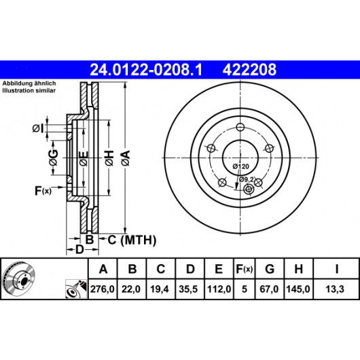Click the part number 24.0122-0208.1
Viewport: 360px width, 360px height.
146,69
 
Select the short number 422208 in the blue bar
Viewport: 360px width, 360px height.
249,69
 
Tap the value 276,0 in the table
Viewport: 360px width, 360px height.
103,289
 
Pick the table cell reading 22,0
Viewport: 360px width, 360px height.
131,289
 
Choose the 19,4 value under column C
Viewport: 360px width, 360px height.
160,289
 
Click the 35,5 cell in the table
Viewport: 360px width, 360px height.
188,289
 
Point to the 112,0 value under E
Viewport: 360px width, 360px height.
219,289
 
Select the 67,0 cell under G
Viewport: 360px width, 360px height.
269,289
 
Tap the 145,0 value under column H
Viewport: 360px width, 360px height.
298,289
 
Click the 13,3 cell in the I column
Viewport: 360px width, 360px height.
335,289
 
